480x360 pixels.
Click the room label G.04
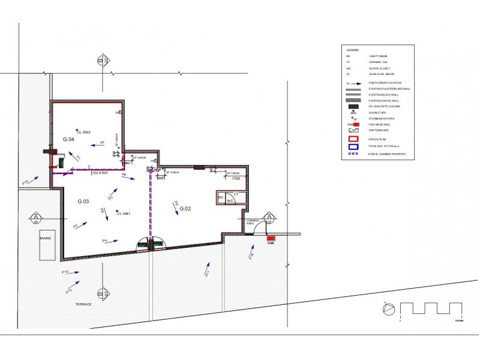click(68, 139)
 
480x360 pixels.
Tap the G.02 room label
click(185, 208)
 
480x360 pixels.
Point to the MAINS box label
click(46, 238)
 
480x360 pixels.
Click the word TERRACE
click(83, 304)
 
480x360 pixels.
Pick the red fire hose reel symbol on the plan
click(271, 239)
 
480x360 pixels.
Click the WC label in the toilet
click(230, 201)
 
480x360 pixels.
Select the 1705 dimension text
click(236, 178)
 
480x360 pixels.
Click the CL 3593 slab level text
click(83, 131)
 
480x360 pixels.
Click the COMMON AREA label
click(253, 222)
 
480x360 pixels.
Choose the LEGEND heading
click(352, 49)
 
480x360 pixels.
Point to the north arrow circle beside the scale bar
click(388, 308)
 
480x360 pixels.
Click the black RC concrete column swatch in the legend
click(353, 107)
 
